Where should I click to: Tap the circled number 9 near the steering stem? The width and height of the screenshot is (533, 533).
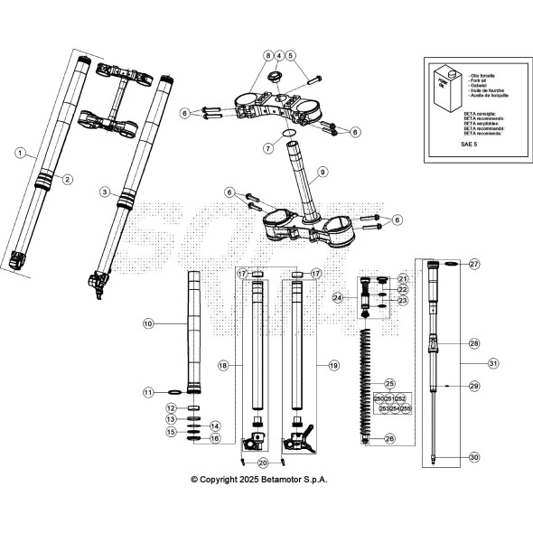[323, 171]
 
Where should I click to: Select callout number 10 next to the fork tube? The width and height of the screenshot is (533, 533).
[149, 322]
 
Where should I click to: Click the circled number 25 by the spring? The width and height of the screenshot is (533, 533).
[390, 383]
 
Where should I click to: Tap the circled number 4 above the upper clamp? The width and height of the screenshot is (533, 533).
[278, 57]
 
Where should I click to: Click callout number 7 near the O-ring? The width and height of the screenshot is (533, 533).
[267, 146]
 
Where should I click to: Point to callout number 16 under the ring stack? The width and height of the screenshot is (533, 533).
[214, 438]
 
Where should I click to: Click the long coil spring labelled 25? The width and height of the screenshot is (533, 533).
[368, 379]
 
